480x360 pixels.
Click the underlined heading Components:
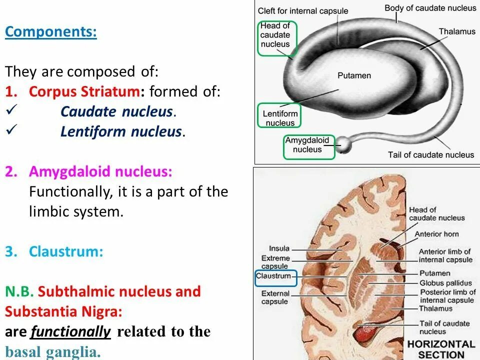coord(50,32)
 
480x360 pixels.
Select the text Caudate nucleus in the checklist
coord(117,111)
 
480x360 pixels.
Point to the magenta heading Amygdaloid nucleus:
coord(100,171)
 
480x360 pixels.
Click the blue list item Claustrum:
coord(66,251)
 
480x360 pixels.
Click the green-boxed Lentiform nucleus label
coord(280,118)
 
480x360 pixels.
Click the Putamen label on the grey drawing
coord(354,75)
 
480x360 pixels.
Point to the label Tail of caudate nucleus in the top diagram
coord(430,154)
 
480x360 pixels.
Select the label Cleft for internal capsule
coord(303,10)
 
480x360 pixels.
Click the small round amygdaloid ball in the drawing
coord(344,144)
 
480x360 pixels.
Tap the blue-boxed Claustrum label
coord(273,276)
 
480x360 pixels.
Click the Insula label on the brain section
coord(279,248)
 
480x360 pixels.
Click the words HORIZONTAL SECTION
coord(441,349)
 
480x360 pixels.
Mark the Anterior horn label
coord(436,234)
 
